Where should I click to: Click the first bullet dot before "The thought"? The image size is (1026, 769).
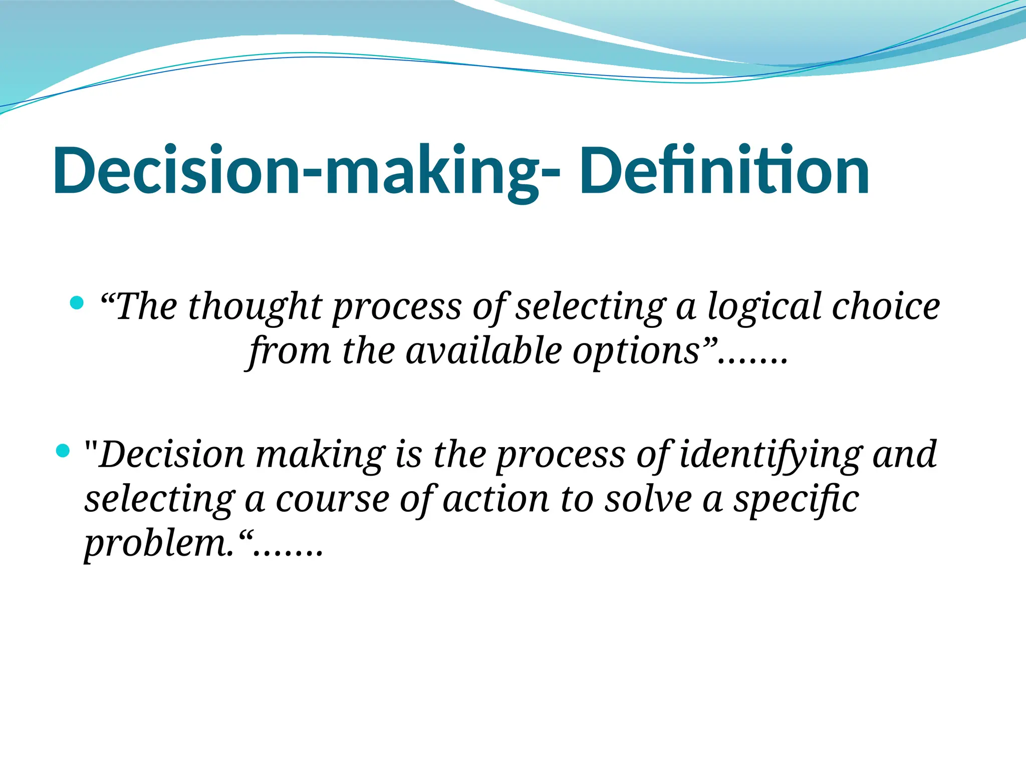(77, 302)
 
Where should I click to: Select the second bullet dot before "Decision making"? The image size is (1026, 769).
(63, 451)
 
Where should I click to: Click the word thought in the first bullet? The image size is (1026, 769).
(254, 306)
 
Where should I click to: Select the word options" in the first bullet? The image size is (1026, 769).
(644, 351)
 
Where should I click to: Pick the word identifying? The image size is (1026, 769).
(771, 455)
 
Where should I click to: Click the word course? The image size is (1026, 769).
(333, 500)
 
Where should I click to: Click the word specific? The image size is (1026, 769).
(797, 500)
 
